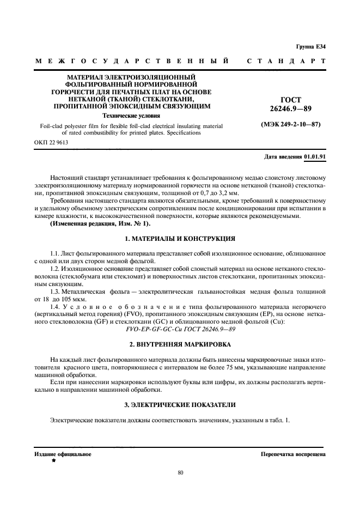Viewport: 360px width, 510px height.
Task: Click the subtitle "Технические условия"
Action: (131, 116)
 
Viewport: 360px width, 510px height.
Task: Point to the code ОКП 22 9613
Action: (52, 142)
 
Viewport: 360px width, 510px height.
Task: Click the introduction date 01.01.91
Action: (315, 156)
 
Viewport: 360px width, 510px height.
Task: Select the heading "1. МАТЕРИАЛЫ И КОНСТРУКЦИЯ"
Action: (180, 239)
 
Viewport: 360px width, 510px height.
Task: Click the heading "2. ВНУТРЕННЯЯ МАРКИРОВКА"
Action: (180, 344)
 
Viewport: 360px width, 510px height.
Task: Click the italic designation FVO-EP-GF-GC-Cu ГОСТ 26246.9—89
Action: (180, 330)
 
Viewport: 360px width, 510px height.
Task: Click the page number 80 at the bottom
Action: (180, 472)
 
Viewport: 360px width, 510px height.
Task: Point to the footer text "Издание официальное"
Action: (63, 453)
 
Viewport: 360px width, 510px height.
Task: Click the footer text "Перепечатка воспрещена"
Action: (293, 453)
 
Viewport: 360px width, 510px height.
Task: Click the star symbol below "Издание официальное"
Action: (53, 461)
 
